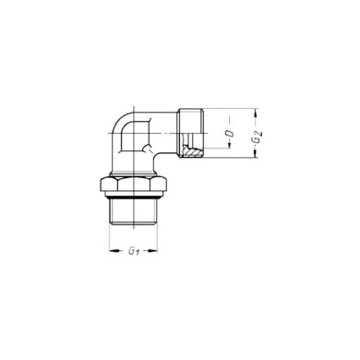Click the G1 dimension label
tap(134, 251)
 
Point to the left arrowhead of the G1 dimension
tap(112, 251)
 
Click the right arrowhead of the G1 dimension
tap(158, 251)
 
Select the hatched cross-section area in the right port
tap(192, 149)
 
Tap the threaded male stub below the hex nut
tap(135, 214)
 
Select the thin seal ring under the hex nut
tap(135, 197)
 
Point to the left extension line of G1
tap(110, 240)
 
